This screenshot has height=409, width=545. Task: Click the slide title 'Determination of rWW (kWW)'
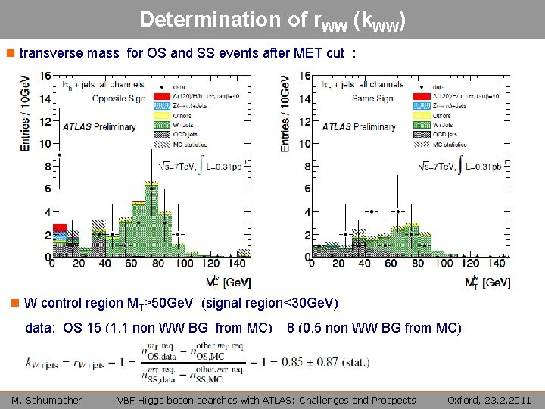[x=272, y=20]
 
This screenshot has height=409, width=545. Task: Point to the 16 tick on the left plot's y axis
[x=46, y=76]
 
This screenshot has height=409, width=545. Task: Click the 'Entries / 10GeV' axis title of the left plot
[x=26, y=111]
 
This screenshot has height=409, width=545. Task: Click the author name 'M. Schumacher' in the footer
[x=46, y=400]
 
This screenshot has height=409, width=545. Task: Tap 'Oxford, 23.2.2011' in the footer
[x=489, y=400]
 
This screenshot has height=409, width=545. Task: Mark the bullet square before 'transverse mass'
[x=10, y=55]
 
